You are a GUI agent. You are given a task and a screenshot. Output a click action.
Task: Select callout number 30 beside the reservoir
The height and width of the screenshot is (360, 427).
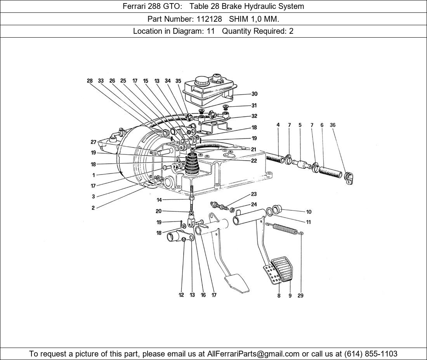pos(254,94)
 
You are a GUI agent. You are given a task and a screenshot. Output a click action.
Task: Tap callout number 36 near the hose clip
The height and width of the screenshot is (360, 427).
pos(333,125)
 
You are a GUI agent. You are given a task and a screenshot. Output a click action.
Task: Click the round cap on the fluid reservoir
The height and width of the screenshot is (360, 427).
pos(201,81)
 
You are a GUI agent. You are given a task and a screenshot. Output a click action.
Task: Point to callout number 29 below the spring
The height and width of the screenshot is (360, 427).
pos(300,296)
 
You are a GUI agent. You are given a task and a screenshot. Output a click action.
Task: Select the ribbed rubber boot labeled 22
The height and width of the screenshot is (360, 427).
pos(191,165)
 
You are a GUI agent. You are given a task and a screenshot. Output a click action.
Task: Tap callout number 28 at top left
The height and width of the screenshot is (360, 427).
pos(90,81)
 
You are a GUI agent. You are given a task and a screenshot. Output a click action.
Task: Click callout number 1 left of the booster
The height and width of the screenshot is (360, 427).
pos(94,175)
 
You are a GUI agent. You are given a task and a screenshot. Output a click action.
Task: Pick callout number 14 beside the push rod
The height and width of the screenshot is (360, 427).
pos(159,200)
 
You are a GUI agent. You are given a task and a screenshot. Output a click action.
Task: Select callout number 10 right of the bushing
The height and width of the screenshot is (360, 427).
pos(309,212)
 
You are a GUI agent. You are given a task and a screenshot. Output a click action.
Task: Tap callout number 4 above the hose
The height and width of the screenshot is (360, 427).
pos(278,125)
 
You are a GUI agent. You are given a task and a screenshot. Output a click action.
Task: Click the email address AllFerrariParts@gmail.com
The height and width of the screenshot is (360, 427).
pos(253,354)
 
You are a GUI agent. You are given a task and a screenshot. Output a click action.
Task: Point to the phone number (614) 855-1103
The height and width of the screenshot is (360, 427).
pos(371,354)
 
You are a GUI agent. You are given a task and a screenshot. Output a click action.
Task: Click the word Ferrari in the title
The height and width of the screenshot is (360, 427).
pos(135,6)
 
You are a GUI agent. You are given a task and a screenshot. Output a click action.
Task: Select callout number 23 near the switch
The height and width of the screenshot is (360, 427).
pos(254,194)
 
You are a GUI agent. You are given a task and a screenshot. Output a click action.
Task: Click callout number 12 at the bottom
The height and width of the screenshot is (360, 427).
pos(181,295)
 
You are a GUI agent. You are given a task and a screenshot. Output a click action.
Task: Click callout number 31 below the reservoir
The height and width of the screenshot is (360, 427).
pos(254,106)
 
